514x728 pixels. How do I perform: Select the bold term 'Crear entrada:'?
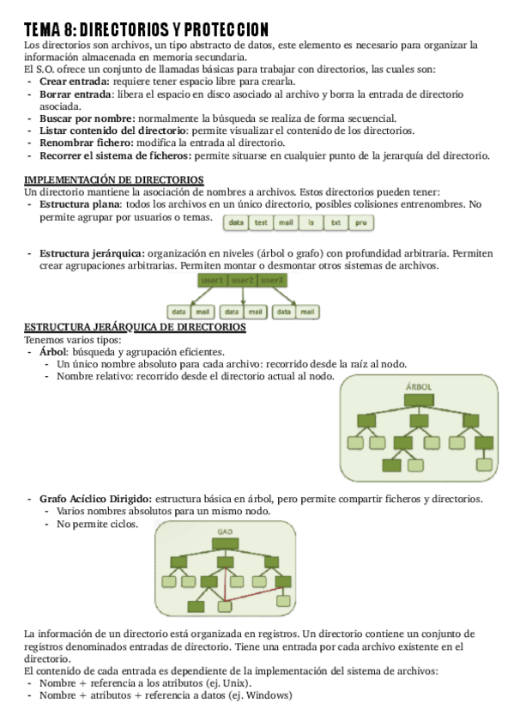click(73, 82)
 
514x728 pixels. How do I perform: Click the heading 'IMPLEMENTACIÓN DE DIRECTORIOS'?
click(113, 179)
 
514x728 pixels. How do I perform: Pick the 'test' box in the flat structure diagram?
click(261, 222)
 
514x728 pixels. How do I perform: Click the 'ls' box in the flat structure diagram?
click(311, 222)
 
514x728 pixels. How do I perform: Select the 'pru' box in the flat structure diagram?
click(361, 222)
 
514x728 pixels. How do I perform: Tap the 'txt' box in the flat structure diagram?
click(336, 222)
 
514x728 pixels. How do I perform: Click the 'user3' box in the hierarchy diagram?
click(273, 281)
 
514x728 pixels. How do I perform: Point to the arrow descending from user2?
click(243, 296)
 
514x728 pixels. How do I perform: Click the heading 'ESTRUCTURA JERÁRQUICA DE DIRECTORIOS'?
click(135, 327)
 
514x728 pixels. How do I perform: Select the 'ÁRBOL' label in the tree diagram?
click(418, 387)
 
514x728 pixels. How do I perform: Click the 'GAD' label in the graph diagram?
click(225, 531)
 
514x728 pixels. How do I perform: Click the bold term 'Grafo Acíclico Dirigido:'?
click(95, 499)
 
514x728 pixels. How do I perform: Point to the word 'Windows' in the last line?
click(267, 695)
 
